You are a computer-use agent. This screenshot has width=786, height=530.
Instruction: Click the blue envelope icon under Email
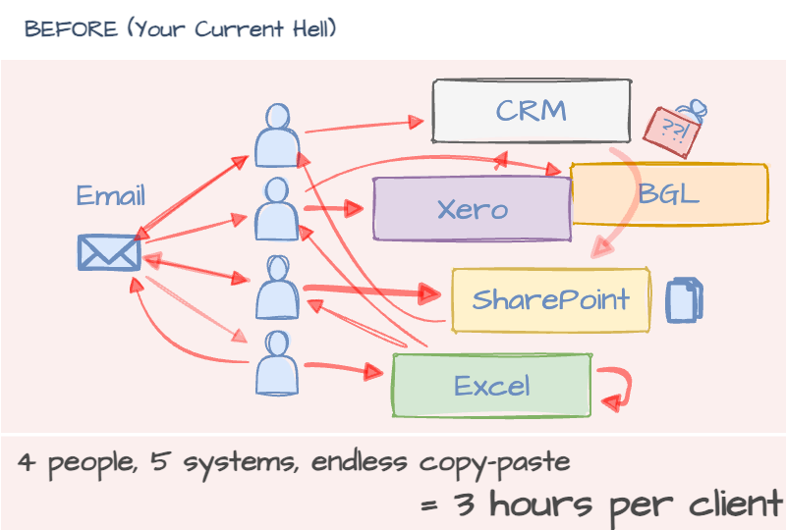[109, 252]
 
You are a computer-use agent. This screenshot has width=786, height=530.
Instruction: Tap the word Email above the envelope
[110, 195]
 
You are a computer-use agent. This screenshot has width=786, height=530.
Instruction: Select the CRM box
[531, 110]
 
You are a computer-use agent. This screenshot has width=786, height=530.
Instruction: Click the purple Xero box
[472, 209]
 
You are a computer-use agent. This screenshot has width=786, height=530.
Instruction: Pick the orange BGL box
[668, 194]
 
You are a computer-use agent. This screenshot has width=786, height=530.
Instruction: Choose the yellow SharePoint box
[550, 299]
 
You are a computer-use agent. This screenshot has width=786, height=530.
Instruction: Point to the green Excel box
[491, 386]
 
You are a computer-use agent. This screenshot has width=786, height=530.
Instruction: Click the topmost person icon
[276, 134]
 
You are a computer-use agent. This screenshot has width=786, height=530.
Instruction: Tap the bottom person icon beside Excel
[276, 363]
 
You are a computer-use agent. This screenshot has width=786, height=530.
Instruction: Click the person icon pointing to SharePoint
[276, 287]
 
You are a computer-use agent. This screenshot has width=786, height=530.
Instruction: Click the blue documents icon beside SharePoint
[685, 300]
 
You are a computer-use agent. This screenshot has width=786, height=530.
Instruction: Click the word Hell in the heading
[310, 28]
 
